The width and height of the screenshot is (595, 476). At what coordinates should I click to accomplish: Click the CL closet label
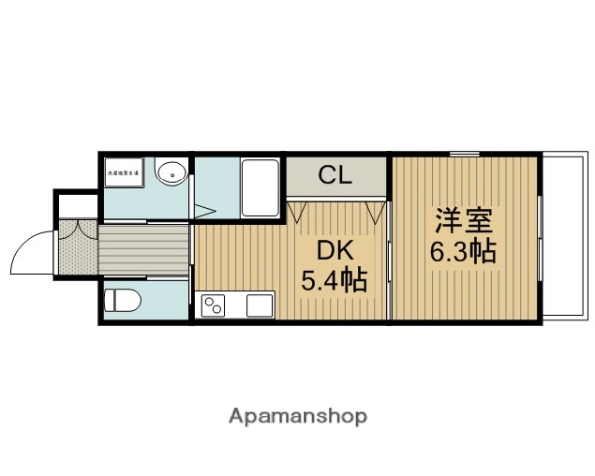[x=335, y=178]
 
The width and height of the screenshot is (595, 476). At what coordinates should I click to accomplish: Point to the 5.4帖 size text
[x=334, y=281]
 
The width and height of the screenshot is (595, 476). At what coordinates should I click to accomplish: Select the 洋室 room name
[x=462, y=220]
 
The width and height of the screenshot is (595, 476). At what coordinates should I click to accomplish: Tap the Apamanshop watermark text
[x=297, y=416]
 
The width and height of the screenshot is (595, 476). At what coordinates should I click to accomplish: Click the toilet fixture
[x=124, y=299]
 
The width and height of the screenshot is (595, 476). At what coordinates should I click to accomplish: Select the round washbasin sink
[x=171, y=173]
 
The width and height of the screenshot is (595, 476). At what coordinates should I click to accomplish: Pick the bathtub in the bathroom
[x=262, y=185]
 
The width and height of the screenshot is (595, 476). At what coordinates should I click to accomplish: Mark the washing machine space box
[x=125, y=173]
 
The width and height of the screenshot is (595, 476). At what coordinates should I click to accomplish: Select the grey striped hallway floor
[x=144, y=250]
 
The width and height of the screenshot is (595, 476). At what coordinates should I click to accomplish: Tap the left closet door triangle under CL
[x=297, y=212]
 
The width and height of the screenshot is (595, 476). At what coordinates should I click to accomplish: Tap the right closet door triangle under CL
[x=375, y=212]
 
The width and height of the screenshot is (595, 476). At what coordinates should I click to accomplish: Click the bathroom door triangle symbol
[x=203, y=211]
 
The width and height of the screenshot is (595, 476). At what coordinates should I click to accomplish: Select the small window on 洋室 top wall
[x=464, y=154]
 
